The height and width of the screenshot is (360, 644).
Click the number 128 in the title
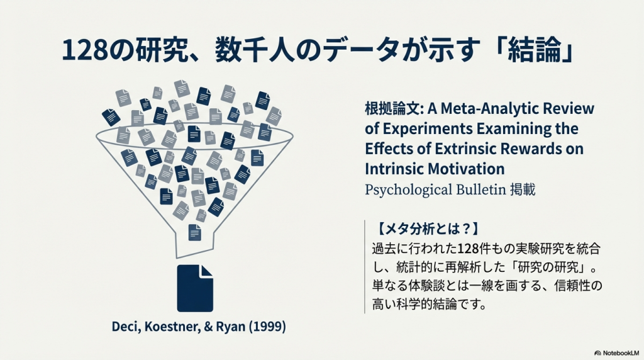[x=85, y=50]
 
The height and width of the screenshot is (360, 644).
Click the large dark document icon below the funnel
[x=195, y=288]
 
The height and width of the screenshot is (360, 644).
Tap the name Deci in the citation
[x=126, y=326]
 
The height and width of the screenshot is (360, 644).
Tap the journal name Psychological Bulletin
[x=435, y=190]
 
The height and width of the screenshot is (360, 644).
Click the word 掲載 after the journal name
[x=523, y=190]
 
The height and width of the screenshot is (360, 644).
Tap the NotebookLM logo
[x=617, y=353]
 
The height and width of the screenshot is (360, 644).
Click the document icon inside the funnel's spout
[x=195, y=232]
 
